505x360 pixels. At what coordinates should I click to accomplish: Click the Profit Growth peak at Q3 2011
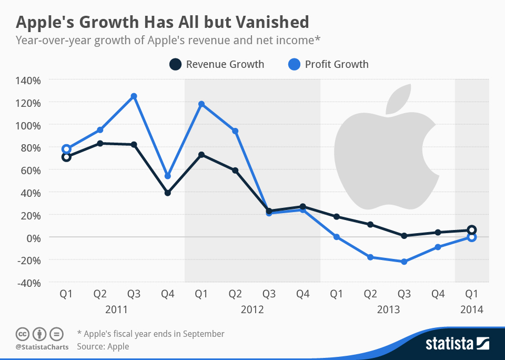pos(134,96)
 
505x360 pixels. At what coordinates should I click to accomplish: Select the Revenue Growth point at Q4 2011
pos(167,193)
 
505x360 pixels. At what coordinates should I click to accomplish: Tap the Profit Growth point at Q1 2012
pos(201,104)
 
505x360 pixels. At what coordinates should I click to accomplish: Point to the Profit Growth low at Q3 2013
pos(404,262)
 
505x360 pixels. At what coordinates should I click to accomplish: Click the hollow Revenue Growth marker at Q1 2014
pos(472,229)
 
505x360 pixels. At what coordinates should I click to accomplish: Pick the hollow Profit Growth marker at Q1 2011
pos(66,149)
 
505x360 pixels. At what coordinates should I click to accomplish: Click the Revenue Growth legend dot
pos(175,65)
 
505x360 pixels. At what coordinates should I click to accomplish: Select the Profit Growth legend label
pos(337,65)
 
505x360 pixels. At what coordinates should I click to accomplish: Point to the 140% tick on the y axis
pos(30,81)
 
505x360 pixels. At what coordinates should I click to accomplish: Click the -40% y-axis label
pos(30,283)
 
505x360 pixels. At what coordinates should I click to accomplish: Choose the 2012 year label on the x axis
pos(252,310)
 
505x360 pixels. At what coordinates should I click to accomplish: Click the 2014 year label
pos(471,310)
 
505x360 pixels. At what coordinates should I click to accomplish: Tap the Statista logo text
pos(449,344)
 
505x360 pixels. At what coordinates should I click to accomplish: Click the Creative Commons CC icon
pos(22,334)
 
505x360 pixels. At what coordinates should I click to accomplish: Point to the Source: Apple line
pos(103,346)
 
